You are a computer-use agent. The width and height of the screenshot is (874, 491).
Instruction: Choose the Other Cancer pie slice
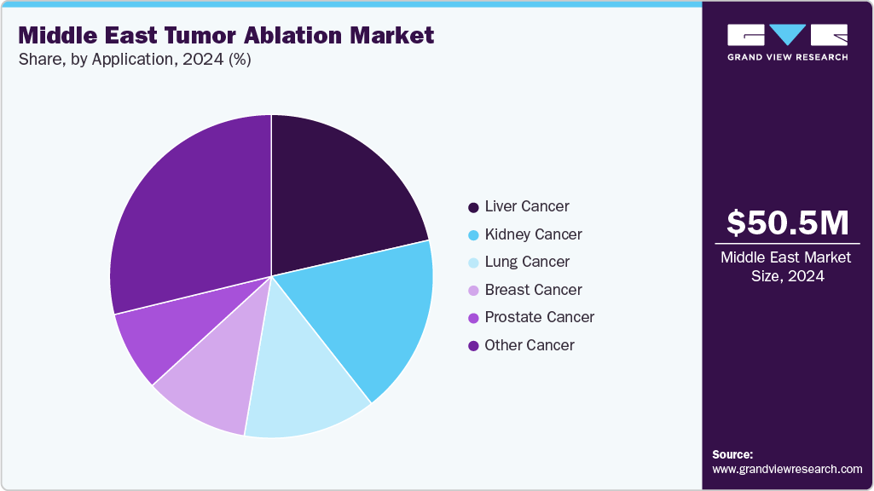coord(188,213)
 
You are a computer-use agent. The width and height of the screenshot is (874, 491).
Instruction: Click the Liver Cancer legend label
coord(526,206)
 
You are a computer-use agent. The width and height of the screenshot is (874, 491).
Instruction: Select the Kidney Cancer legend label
coord(533,234)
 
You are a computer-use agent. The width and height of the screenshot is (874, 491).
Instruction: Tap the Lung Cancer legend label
coord(527,262)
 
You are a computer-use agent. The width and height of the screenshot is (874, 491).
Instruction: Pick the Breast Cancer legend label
coord(533,290)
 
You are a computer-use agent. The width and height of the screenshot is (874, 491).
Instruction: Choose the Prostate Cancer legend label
coord(539,317)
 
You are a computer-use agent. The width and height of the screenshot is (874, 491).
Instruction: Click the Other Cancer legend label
coord(529,345)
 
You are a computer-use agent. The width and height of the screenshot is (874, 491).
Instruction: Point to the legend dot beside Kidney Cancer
coord(473,234)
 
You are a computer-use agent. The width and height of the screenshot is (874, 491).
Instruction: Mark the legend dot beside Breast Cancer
coord(473,290)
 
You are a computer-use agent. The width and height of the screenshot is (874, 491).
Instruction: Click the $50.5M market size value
coord(787,222)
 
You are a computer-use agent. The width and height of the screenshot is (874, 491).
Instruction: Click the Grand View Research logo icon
coord(787,35)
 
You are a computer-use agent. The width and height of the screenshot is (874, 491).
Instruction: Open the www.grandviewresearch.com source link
coord(787,469)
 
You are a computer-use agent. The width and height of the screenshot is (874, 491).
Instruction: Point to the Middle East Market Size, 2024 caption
coord(787,266)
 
